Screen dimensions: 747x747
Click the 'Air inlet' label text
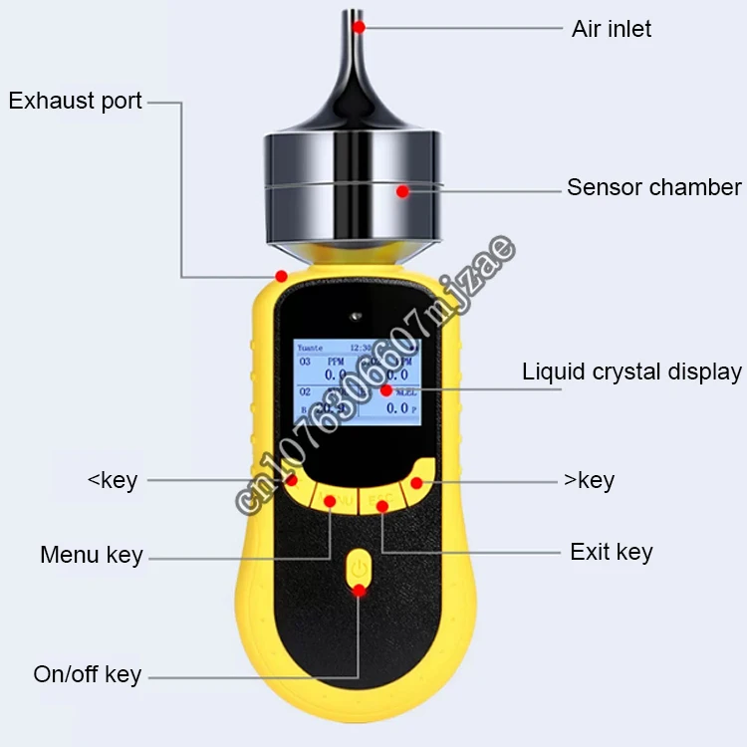(x=612, y=28)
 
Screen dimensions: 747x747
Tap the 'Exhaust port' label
(x=76, y=101)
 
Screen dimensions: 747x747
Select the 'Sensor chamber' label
(x=653, y=187)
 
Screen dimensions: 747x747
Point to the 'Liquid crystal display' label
(x=631, y=372)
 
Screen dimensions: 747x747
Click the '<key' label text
(x=113, y=480)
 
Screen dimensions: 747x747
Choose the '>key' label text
(x=589, y=480)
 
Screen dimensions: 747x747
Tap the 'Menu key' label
(x=92, y=555)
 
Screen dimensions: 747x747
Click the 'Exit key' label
(x=611, y=552)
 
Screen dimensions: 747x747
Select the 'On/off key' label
(x=88, y=674)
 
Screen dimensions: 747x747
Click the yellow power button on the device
(x=359, y=571)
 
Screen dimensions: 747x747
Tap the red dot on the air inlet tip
(x=359, y=26)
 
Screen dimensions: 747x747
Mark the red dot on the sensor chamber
(x=402, y=190)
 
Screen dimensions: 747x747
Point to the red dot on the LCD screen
(x=385, y=390)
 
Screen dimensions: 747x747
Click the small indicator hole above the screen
(x=355, y=319)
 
